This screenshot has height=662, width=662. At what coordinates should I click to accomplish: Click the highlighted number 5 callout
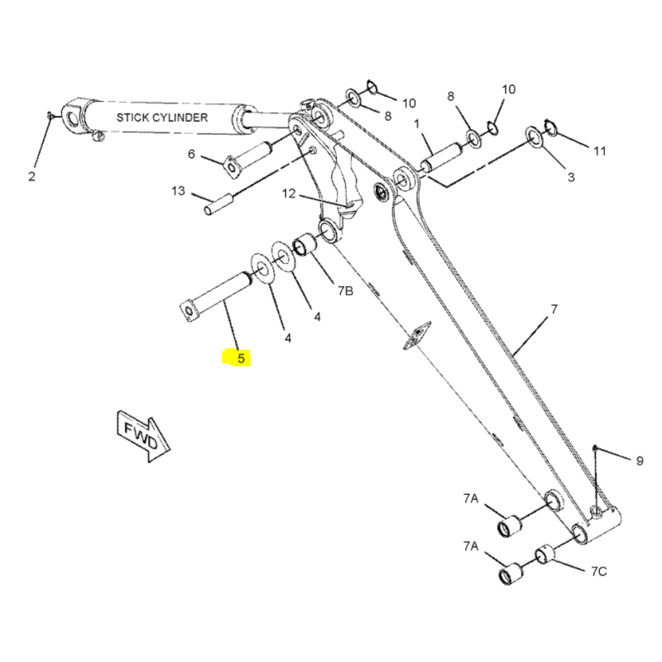[x=240, y=358]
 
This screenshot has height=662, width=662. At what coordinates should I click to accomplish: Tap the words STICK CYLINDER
[x=161, y=118]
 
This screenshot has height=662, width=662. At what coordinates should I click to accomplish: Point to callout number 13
[x=179, y=191]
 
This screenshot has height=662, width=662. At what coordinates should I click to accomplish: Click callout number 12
[x=289, y=194]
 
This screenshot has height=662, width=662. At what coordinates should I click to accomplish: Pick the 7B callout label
[x=344, y=290]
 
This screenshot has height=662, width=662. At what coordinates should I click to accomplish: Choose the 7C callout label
[x=599, y=571]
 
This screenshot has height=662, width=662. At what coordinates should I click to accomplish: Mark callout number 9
[x=639, y=460]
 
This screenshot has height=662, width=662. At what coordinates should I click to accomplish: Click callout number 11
[x=599, y=151]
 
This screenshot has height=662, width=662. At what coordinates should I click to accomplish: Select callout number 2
[x=32, y=175]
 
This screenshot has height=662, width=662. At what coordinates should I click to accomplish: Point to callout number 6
[x=191, y=154]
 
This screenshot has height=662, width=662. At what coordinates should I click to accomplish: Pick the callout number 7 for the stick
[x=554, y=309]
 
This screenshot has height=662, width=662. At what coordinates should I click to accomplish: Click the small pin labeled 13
[x=216, y=204]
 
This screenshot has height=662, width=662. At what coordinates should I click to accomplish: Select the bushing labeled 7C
[x=544, y=554]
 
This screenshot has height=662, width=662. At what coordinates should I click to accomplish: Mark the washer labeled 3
[x=535, y=137]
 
